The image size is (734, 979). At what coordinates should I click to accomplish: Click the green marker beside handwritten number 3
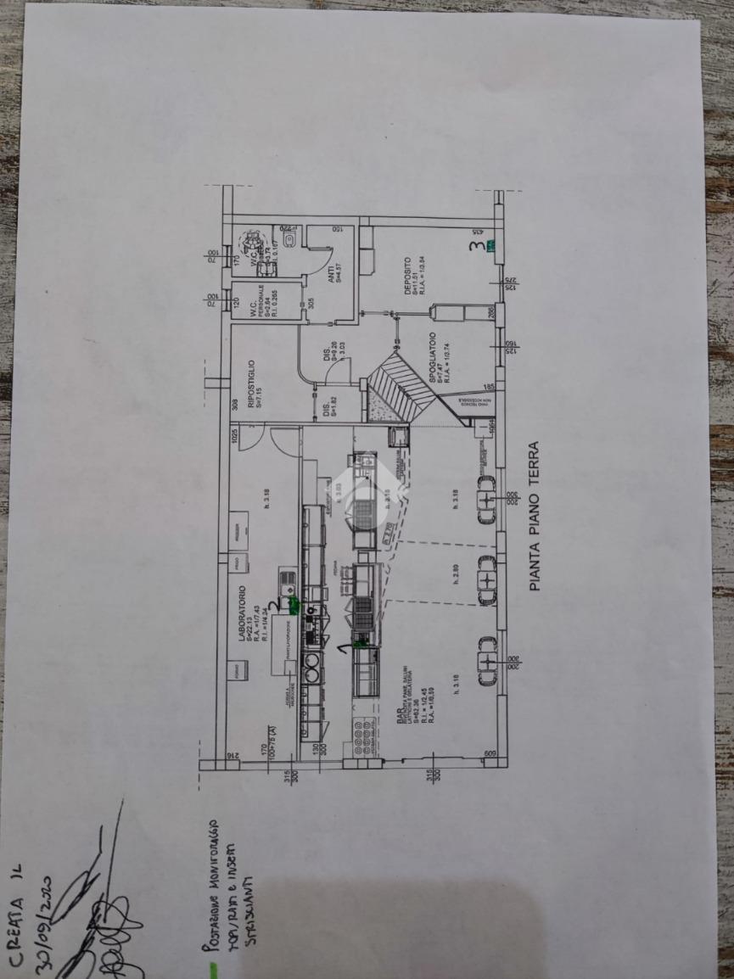(490, 247)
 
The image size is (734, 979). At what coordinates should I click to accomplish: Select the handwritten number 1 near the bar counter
(342, 648)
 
